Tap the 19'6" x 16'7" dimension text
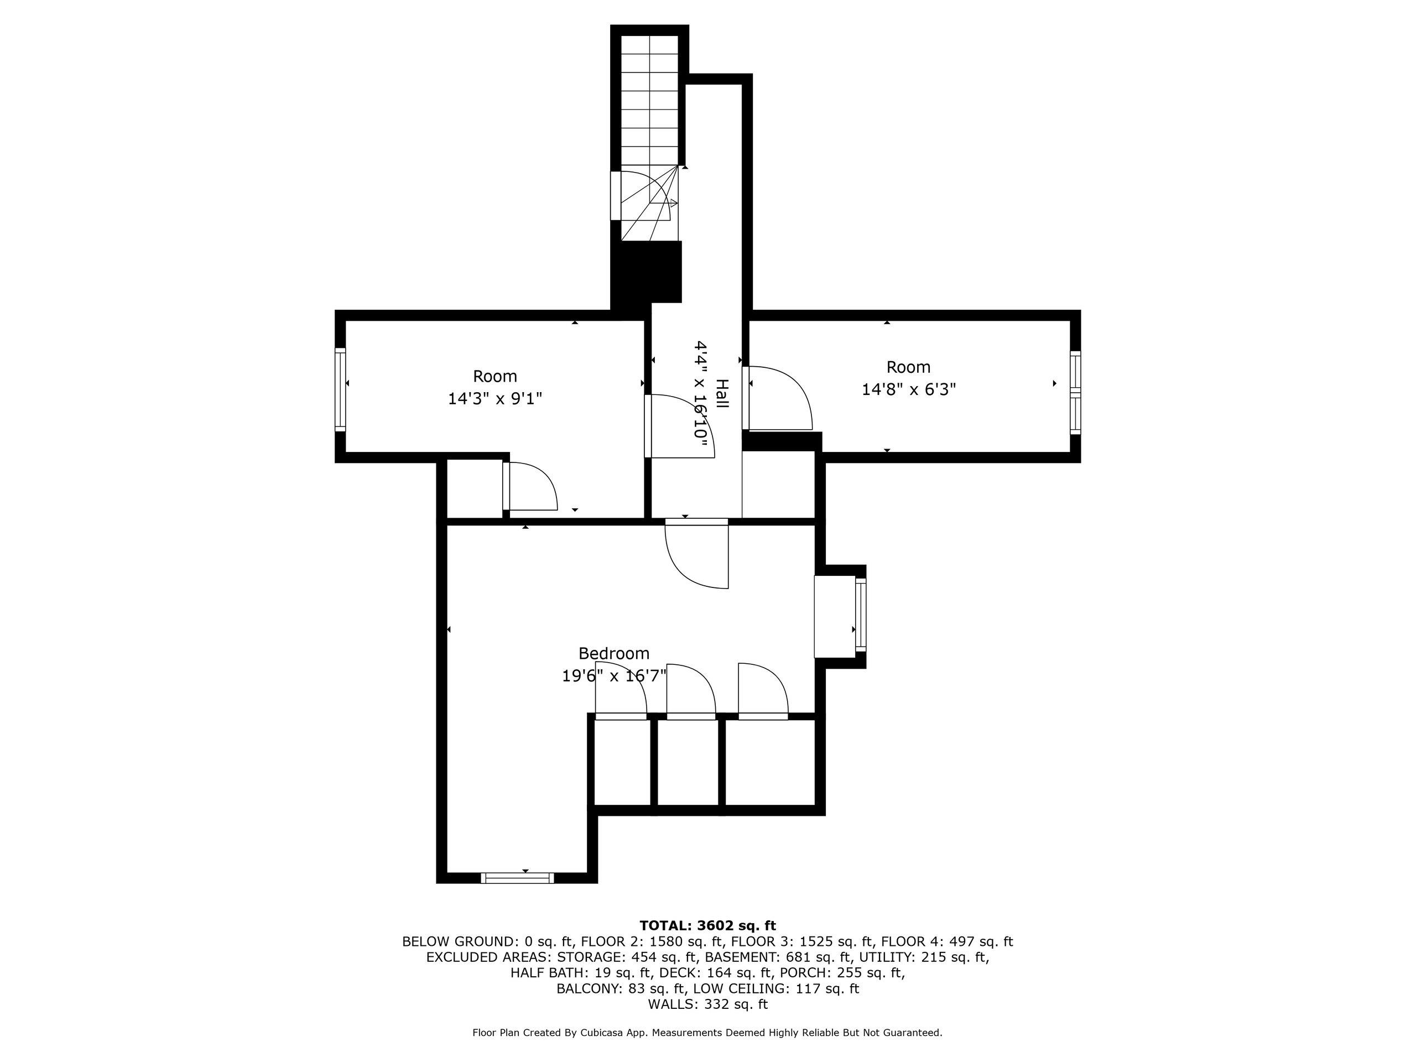coord(613,675)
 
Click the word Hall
coord(721,394)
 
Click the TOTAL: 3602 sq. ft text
coord(707,925)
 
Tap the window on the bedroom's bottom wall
coord(517,878)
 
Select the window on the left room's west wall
coord(341,389)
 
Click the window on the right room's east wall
coord(1075,392)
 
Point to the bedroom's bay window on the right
coord(860,613)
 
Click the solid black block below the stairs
coord(647,272)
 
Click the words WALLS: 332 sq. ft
coord(707,1004)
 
